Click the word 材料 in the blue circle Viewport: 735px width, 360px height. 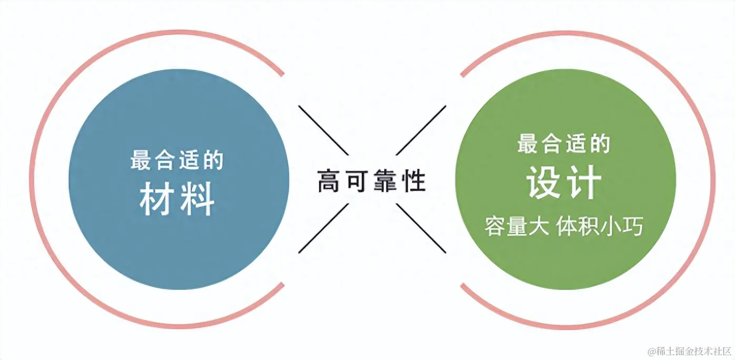pyautogui.click(x=177, y=200)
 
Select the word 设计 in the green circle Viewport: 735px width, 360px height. pyautogui.click(x=564, y=183)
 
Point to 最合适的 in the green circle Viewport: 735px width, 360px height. pyautogui.click(x=564, y=144)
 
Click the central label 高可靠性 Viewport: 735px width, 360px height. pyautogui.click(x=372, y=181)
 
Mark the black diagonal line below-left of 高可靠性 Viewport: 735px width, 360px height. pyautogui.click(x=323, y=228)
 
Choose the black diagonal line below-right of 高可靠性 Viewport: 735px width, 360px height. pyautogui.click(x=421, y=228)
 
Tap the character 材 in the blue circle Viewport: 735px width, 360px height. pyautogui.click(x=157, y=200)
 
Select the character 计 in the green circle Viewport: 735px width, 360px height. pyautogui.click(x=584, y=183)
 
